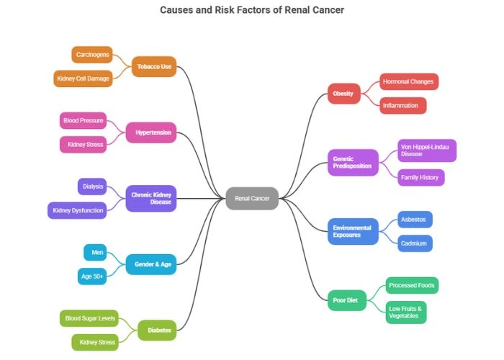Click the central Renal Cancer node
(x=252, y=198)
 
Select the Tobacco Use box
(x=154, y=66)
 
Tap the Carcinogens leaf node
(x=92, y=55)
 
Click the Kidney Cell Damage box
(x=83, y=78)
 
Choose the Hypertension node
(x=151, y=132)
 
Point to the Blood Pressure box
(x=83, y=120)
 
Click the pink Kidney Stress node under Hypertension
(x=85, y=145)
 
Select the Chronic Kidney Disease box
(x=151, y=198)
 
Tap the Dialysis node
(x=92, y=186)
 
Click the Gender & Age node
(x=152, y=264)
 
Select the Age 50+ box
(x=92, y=276)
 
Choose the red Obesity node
(x=343, y=94)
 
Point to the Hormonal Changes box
(x=408, y=81)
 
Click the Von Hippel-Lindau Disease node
(x=426, y=150)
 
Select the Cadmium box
(x=415, y=243)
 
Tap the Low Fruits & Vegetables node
(x=405, y=312)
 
